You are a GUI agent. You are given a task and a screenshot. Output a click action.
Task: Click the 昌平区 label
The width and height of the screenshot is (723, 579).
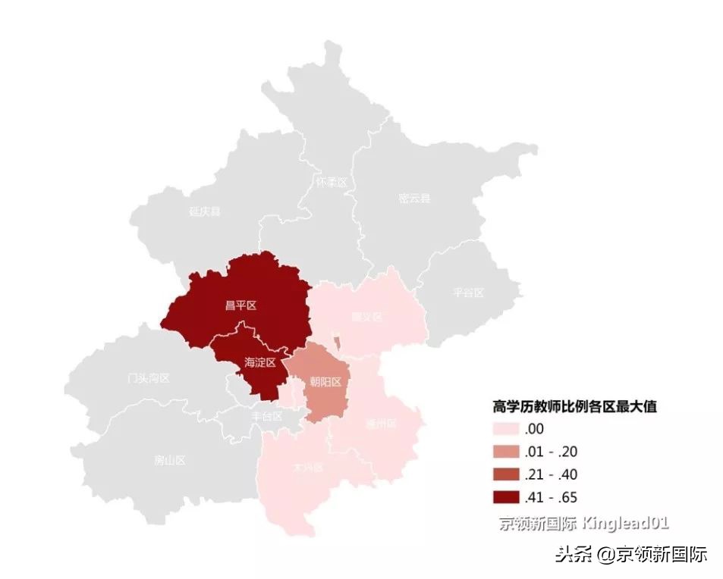(x=240, y=305)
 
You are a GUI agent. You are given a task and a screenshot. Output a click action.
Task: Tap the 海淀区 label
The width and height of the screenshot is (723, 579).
(x=259, y=362)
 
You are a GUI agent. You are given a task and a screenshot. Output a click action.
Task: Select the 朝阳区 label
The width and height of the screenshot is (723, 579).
(x=325, y=381)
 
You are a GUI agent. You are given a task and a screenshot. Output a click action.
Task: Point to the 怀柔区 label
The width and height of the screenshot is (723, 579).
(x=331, y=183)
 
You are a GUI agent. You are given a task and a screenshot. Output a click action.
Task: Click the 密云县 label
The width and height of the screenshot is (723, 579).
(x=413, y=199)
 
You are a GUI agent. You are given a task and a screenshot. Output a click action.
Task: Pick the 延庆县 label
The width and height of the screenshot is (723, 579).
(x=205, y=211)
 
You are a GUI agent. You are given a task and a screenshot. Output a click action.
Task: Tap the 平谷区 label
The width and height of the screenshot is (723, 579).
(x=467, y=292)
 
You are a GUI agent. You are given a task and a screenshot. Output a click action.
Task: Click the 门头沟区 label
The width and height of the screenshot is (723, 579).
(x=149, y=378)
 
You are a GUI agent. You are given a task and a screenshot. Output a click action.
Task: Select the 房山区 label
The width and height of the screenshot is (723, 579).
(x=169, y=460)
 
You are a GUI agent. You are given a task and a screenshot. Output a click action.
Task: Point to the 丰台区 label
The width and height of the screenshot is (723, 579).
(x=267, y=416)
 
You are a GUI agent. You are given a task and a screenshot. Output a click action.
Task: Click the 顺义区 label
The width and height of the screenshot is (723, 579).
(x=367, y=316)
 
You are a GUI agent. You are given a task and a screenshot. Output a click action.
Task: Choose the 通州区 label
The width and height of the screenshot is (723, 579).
(x=380, y=424)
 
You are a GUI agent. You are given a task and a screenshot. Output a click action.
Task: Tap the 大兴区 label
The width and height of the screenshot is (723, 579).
(x=308, y=467)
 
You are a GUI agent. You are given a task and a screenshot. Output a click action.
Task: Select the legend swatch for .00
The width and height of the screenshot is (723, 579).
(x=505, y=429)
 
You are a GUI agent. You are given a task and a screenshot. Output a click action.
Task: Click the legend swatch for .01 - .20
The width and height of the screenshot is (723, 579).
(x=505, y=452)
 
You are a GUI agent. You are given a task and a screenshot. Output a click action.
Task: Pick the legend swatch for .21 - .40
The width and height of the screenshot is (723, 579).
(x=505, y=474)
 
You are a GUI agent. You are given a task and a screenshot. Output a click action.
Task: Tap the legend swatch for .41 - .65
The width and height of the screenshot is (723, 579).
(x=505, y=498)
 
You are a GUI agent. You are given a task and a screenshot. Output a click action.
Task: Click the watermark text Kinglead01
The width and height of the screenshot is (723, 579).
(x=625, y=523)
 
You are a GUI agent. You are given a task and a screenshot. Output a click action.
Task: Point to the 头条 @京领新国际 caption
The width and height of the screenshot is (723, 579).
(x=631, y=554)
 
